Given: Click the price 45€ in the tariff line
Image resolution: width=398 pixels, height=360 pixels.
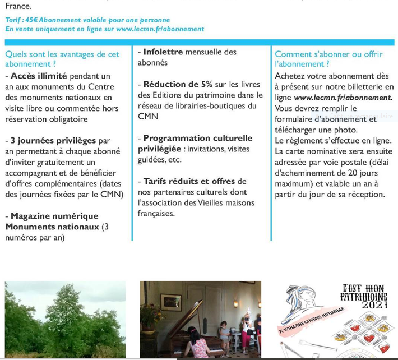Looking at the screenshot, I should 31,20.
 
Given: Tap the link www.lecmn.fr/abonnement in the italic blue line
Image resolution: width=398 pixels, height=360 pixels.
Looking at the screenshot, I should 160,29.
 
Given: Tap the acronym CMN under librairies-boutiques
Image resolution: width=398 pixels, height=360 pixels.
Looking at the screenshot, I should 148,117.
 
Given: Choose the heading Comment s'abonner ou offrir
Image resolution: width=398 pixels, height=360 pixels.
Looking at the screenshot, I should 328,54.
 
